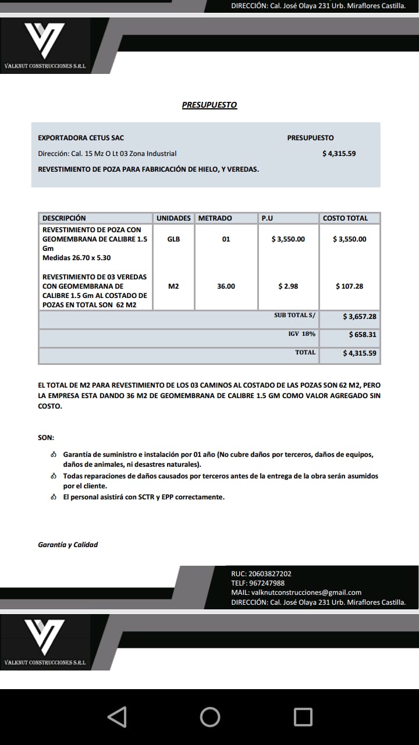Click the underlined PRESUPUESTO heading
(x=210, y=105)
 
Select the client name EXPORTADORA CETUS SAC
(x=81, y=138)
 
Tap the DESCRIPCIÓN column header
(x=64, y=218)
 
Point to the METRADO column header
(x=215, y=218)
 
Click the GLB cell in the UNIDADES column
(x=173, y=239)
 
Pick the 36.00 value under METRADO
(x=226, y=286)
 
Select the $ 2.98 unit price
(x=288, y=286)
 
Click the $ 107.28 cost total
(x=349, y=286)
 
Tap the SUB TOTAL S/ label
(x=294, y=315)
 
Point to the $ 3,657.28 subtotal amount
(x=360, y=317)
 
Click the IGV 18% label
(x=301, y=334)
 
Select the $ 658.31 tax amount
(x=363, y=335)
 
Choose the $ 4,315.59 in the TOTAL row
(x=360, y=353)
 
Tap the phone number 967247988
(x=267, y=583)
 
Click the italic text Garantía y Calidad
(x=68, y=545)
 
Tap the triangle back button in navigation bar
(x=117, y=716)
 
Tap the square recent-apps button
(x=303, y=716)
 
